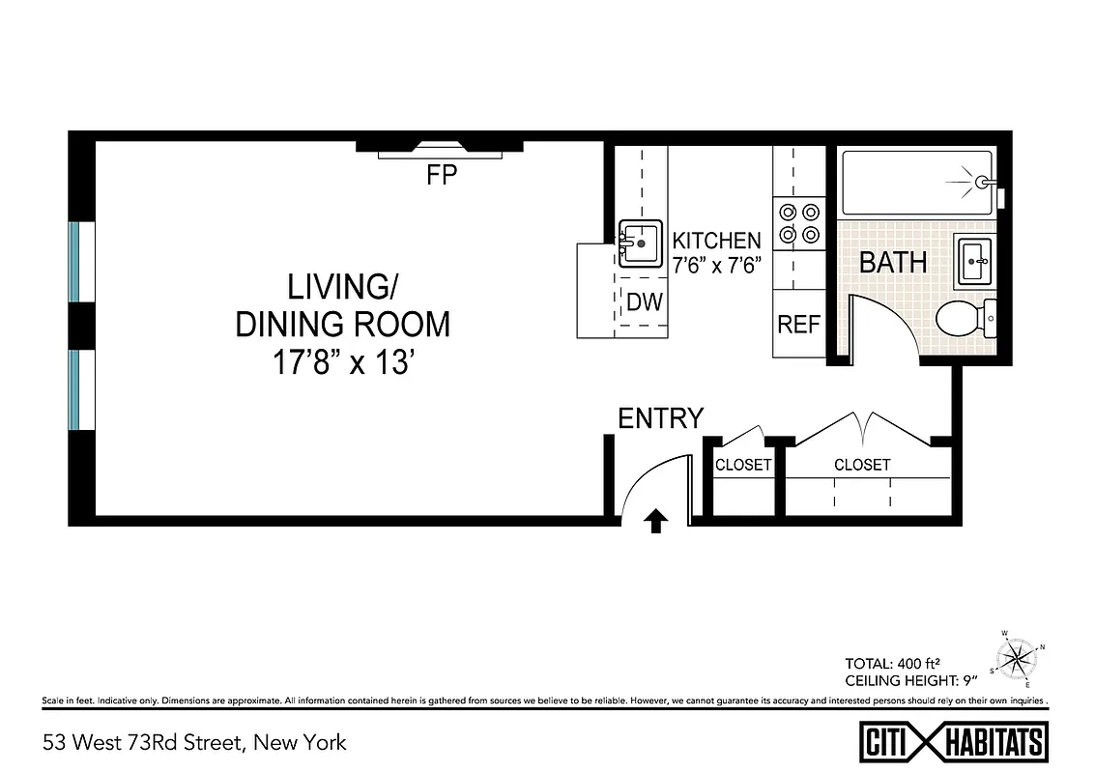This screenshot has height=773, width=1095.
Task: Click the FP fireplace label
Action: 441,176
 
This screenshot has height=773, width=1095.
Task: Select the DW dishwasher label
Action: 644,302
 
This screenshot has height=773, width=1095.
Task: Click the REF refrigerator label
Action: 798,325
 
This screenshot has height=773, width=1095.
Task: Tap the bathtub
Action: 916,183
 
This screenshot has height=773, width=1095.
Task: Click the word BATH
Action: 893,263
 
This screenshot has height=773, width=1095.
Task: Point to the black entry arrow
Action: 655,522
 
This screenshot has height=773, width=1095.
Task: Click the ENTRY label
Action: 661,418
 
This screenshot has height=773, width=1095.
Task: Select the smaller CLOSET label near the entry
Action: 743,465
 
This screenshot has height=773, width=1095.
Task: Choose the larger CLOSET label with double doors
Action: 862,465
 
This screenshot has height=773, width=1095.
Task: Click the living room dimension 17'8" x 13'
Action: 343,363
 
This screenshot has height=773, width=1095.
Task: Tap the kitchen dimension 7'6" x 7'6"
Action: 717,266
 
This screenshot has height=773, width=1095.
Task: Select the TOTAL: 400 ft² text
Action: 893,664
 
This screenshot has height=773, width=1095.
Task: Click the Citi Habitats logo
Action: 954,742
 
